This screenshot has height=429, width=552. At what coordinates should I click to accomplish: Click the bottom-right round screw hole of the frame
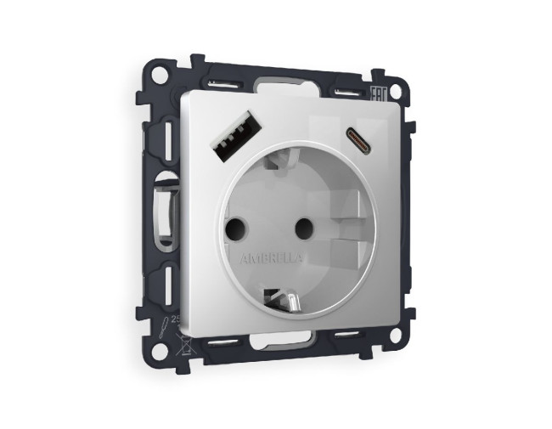tap(395, 336)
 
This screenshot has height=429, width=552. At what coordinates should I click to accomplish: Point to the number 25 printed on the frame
tap(176, 319)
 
